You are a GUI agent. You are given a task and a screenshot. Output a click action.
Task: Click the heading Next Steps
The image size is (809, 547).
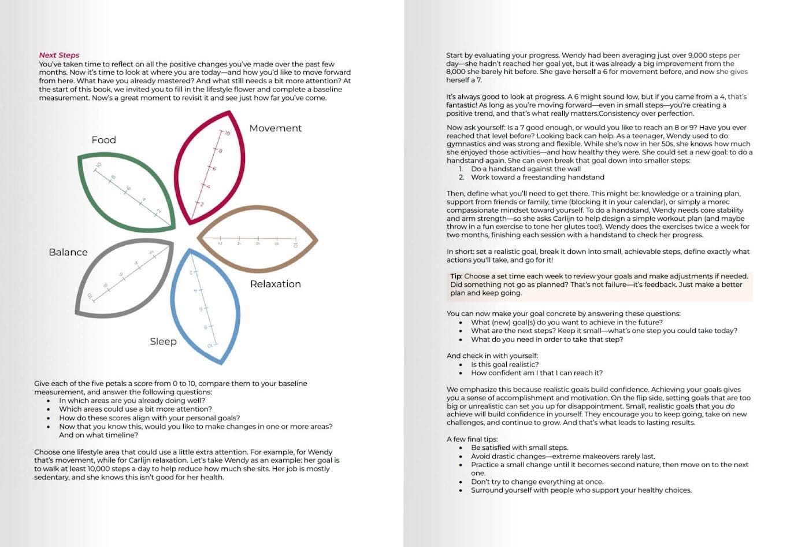coord(59,55)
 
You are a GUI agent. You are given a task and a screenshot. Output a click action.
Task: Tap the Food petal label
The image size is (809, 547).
coord(103,140)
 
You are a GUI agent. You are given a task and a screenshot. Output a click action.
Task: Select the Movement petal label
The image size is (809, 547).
coord(275,128)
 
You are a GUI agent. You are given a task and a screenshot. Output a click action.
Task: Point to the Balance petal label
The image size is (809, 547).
coord(68,252)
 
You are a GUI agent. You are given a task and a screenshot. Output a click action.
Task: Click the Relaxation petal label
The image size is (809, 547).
coord(275,284)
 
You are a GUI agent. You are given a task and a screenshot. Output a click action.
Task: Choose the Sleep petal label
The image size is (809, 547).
coord(163,341)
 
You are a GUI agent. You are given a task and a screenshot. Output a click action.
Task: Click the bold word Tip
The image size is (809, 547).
coord(456,276)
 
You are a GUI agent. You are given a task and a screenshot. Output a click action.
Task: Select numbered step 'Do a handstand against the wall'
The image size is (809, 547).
coord(525,169)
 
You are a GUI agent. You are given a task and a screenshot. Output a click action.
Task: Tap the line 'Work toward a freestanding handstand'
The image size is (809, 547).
coord(537,177)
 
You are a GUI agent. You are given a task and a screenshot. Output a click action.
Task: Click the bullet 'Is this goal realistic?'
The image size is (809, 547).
coord(504,364)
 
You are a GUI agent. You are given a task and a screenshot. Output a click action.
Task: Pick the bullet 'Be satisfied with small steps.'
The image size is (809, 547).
coord(519,448)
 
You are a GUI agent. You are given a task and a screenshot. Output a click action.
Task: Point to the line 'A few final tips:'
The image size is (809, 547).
coord(472,439)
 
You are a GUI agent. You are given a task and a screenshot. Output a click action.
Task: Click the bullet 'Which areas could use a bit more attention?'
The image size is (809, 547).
coord(135,409)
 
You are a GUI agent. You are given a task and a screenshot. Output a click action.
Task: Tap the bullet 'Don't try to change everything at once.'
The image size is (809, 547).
coord(537,482)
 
